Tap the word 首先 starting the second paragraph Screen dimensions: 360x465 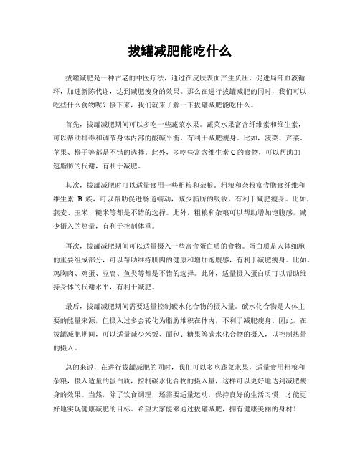(72, 123)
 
